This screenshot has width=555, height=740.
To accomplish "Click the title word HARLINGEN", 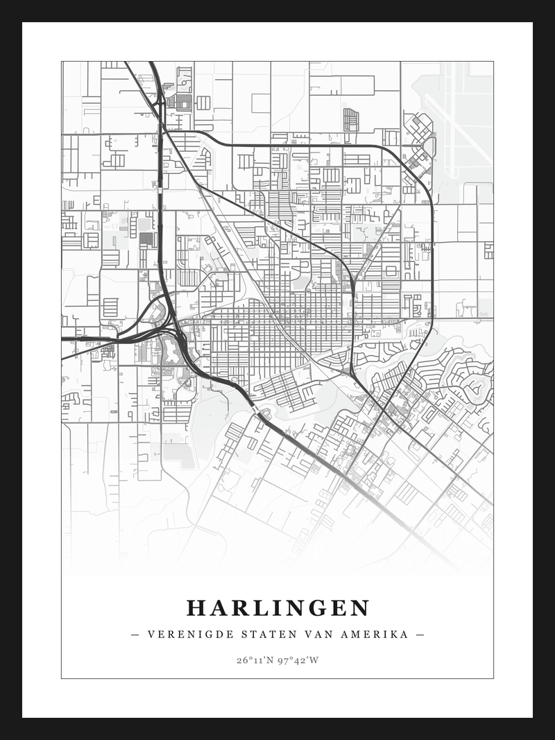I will pos(277,608).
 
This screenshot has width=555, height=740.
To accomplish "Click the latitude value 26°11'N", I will pos(256,660).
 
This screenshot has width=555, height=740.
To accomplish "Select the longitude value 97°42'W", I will pos(298,660).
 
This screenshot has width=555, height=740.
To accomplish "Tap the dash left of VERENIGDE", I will pos(135,635).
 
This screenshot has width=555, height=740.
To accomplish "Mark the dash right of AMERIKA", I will pos(420,635).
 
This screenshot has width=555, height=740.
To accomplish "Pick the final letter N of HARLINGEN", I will pos(361,608).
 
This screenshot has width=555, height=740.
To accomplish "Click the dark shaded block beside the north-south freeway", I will pos(146,239).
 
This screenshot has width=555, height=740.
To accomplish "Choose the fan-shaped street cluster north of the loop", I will pos(351,119).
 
